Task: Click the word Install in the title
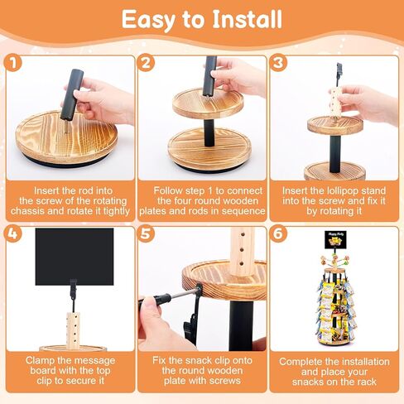tap(248, 19)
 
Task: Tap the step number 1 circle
tap(12, 63)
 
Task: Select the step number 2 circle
tap(146, 63)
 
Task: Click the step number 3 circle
tap(278, 63)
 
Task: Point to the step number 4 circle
tap(12, 234)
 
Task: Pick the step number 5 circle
tap(146, 234)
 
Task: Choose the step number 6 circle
tap(278, 234)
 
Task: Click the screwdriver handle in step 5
tap(155, 299)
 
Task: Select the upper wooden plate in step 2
tap(208, 103)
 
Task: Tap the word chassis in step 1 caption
tap(27, 211)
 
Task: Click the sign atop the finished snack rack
tap(335, 239)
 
